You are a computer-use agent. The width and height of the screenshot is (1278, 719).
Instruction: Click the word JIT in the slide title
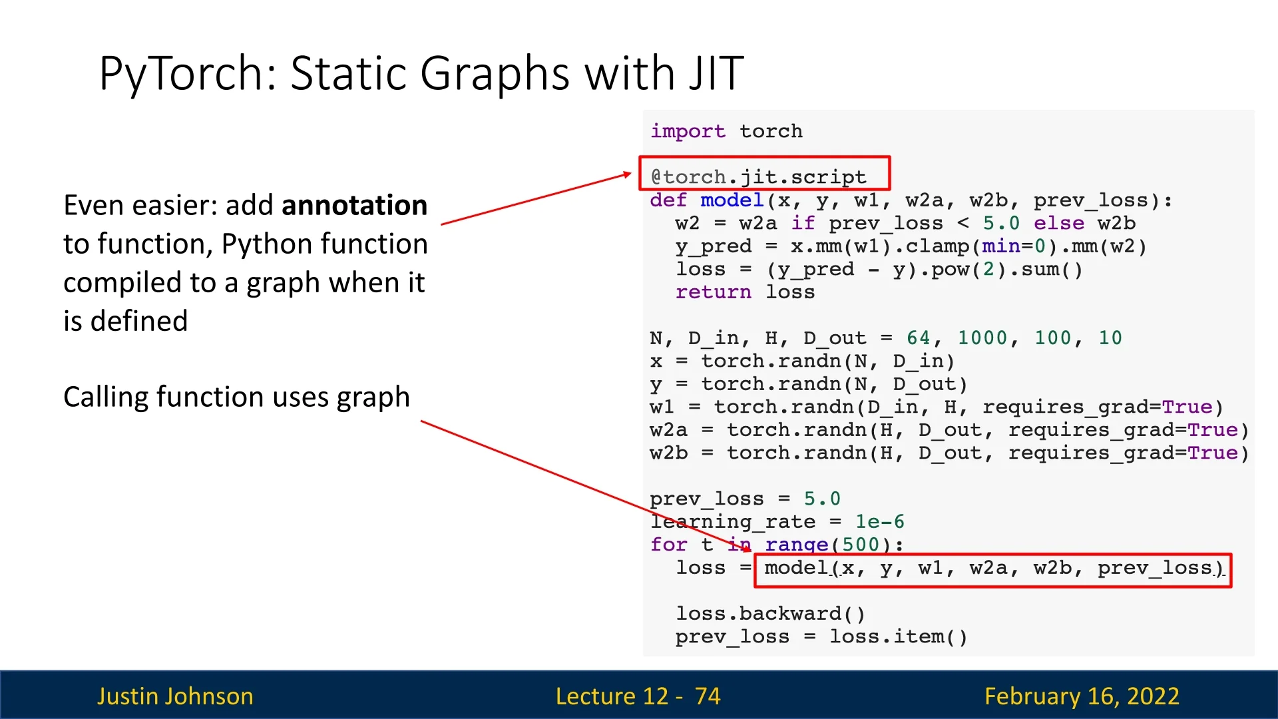(x=716, y=73)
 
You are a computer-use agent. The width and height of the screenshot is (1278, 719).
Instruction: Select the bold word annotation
(x=354, y=205)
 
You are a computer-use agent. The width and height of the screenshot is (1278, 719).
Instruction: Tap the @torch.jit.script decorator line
(x=758, y=177)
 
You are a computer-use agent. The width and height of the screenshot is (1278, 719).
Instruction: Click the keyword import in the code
(x=688, y=132)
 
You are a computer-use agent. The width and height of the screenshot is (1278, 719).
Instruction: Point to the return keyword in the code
(x=713, y=292)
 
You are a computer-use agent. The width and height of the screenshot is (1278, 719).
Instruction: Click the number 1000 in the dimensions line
(x=982, y=338)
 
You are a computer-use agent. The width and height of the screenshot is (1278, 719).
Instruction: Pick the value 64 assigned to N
(x=919, y=338)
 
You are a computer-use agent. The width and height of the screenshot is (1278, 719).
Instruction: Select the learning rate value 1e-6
(x=880, y=521)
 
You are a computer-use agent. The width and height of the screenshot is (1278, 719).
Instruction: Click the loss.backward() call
(x=770, y=613)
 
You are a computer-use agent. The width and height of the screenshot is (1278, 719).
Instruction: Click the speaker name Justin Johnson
(x=175, y=696)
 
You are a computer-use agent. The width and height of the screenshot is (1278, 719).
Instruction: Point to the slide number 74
(x=708, y=696)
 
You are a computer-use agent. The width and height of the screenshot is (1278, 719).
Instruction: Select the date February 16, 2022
(x=1082, y=696)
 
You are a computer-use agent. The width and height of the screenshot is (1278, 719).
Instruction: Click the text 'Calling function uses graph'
(x=236, y=397)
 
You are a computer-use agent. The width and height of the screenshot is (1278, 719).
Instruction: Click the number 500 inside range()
(x=861, y=545)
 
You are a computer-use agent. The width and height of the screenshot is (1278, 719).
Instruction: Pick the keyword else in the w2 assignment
(x=1059, y=223)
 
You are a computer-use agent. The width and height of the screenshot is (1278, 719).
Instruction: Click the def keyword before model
(x=669, y=200)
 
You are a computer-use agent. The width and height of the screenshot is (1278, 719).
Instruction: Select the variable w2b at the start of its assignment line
(x=669, y=453)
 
